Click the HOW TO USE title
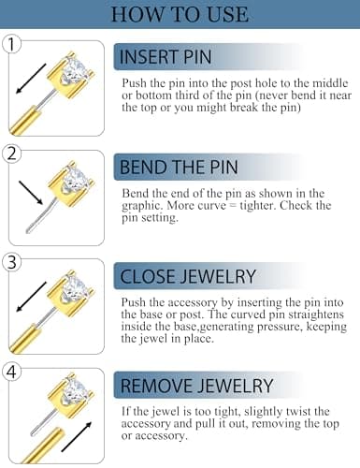pyautogui.click(x=179, y=14)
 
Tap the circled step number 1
pyautogui.click(x=12, y=44)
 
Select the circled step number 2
pyautogui.click(x=12, y=154)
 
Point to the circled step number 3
pyautogui.click(x=12, y=263)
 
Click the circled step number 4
pyautogui.click(x=12, y=373)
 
